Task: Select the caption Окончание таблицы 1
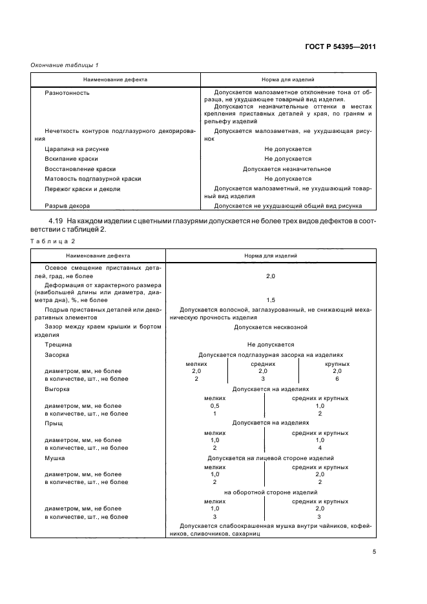(65, 65)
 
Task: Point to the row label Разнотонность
(67, 93)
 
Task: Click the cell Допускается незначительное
(287, 169)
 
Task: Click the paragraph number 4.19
(55, 222)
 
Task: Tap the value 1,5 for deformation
(270, 301)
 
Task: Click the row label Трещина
(59, 345)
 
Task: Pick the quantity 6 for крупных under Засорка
(337, 379)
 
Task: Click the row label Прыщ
(54, 423)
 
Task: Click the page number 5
(375, 551)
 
